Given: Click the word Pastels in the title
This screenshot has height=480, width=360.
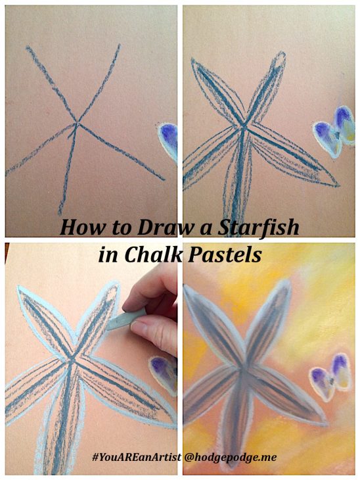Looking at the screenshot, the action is (225, 254).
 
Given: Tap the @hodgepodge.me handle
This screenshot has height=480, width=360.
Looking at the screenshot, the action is (231, 458).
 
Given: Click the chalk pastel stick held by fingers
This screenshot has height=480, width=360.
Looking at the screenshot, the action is (125, 319).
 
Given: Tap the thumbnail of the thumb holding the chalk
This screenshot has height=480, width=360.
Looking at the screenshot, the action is (138, 328).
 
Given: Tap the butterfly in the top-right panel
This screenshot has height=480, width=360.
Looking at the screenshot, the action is (334, 132).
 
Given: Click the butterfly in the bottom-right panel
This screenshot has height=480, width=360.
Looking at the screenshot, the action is (331, 377).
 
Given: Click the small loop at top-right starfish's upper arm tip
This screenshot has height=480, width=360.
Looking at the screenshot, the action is (279, 58).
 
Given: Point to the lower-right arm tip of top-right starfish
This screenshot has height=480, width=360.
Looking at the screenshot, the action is (338, 185).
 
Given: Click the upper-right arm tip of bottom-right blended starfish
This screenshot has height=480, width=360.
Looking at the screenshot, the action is (288, 281).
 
